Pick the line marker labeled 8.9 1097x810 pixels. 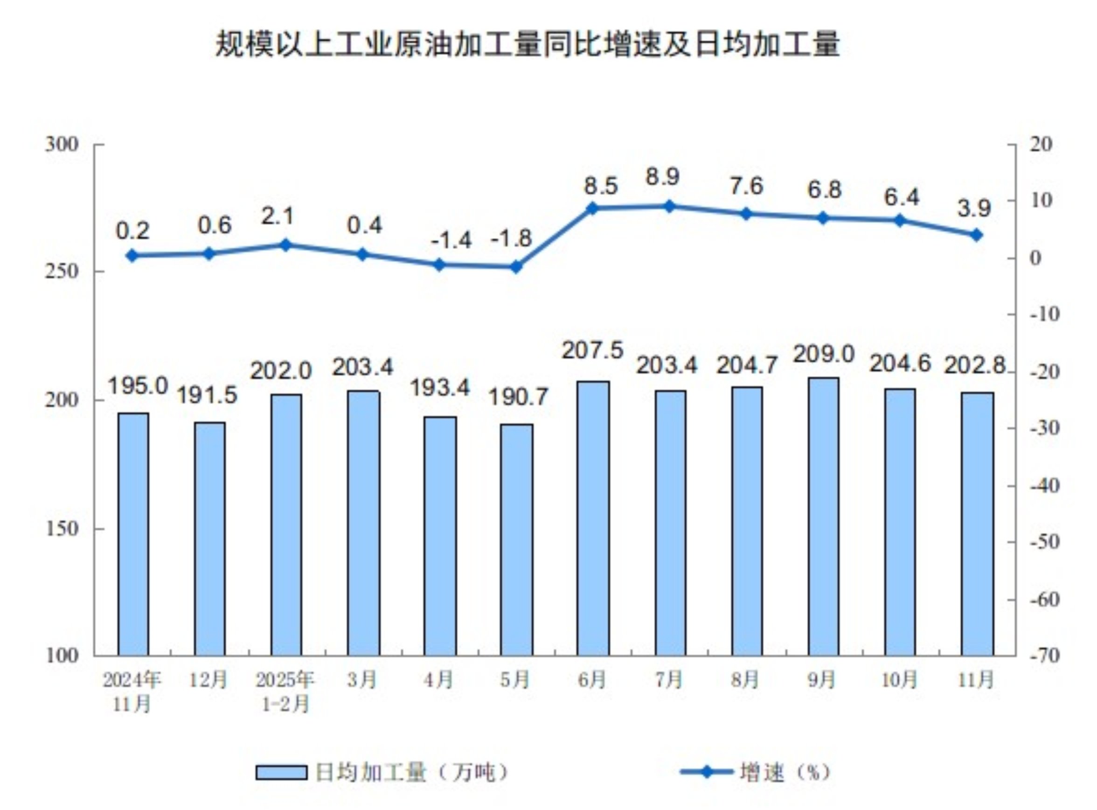click(x=669, y=206)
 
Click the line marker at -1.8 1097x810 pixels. click(x=516, y=267)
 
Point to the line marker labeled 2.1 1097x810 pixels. click(x=286, y=244)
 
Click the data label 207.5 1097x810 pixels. click(x=592, y=350)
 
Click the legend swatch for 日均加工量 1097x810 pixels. click(x=281, y=773)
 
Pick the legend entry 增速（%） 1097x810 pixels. click(x=785, y=773)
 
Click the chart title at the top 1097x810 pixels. click(x=528, y=45)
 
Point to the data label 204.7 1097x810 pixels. click(x=747, y=365)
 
